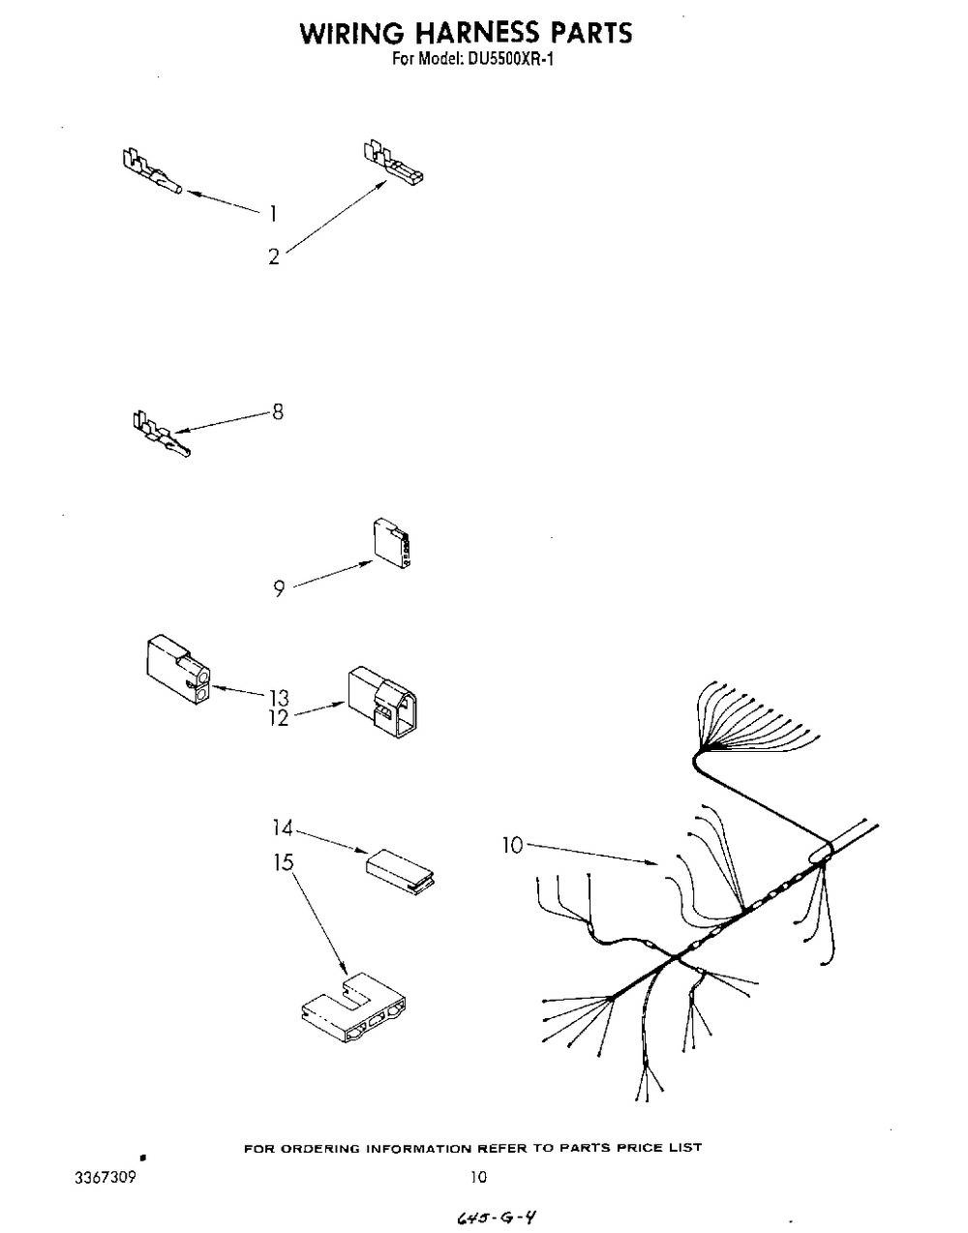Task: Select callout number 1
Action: point(274,214)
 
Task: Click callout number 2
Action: point(275,257)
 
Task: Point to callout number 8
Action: point(278,412)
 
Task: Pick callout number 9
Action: point(279,590)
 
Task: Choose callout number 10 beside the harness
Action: point(513,846)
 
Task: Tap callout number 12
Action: point(279,718)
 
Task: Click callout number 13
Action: point(279,698)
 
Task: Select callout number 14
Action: point(282,829)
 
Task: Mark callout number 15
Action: point(283,863)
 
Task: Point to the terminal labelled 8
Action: point(161,434)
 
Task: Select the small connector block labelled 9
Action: point(391,543)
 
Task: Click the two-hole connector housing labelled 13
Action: point(178,670)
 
